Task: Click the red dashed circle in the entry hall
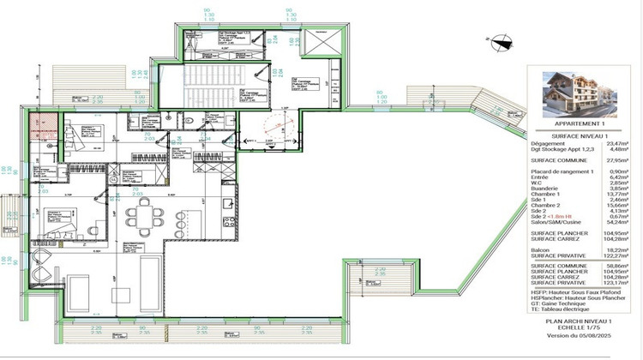273,131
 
